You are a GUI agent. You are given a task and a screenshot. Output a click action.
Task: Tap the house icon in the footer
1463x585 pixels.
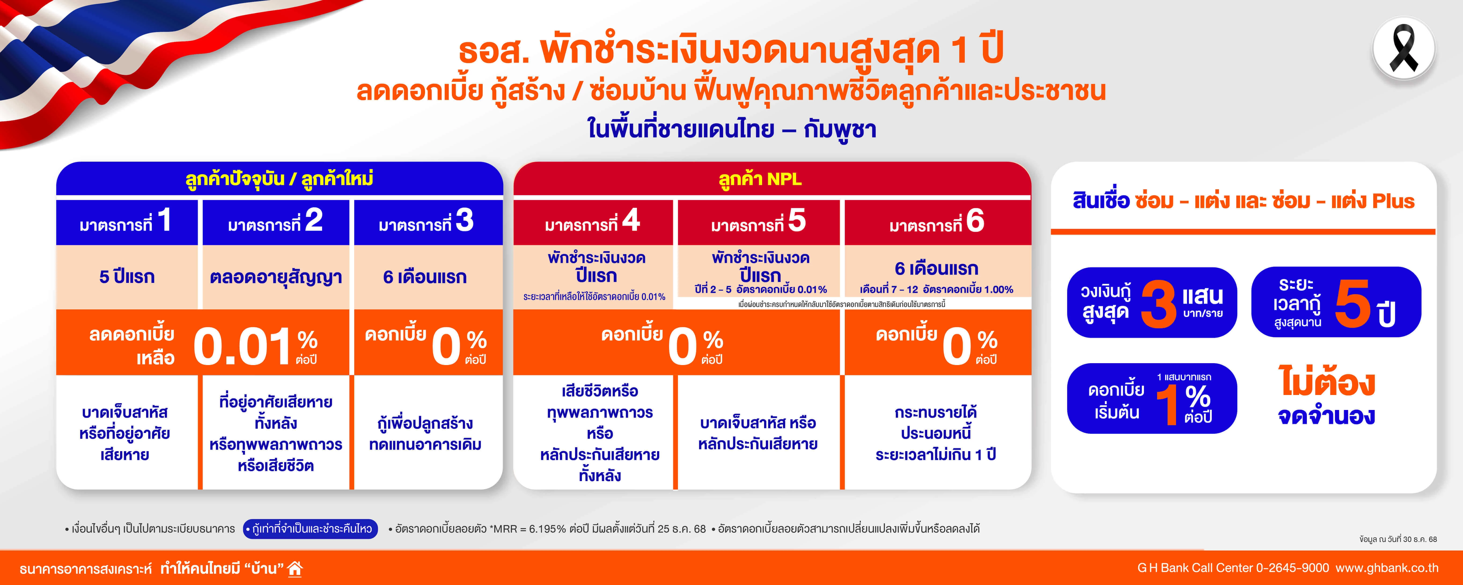(295, 568)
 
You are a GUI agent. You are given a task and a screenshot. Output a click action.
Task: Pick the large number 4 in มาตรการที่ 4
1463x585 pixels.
(631, 220)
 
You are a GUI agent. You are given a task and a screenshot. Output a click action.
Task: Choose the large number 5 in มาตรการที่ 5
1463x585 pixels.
(797, 220)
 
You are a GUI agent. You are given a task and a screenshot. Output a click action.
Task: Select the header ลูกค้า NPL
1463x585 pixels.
(760, 179)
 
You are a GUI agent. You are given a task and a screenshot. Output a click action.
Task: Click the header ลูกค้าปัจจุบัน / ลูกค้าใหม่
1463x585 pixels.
(279, 179)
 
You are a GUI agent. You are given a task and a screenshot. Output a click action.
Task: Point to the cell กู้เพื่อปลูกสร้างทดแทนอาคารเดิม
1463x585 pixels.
(425, 433)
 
